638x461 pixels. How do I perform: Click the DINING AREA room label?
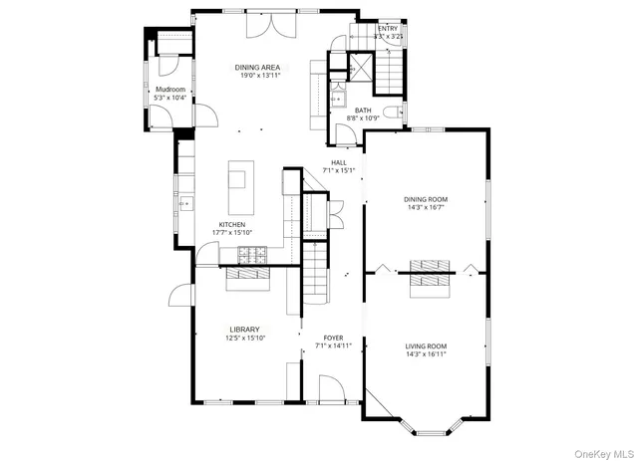256,68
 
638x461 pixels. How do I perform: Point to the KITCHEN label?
231,225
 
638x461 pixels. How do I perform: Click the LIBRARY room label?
244,330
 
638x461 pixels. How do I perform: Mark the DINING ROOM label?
425,199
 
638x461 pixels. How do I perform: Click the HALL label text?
339,161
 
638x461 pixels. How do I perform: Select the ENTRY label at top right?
387,29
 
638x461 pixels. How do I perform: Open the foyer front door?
332,388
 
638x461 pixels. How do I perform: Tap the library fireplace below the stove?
247,281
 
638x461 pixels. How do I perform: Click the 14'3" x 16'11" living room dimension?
425,354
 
